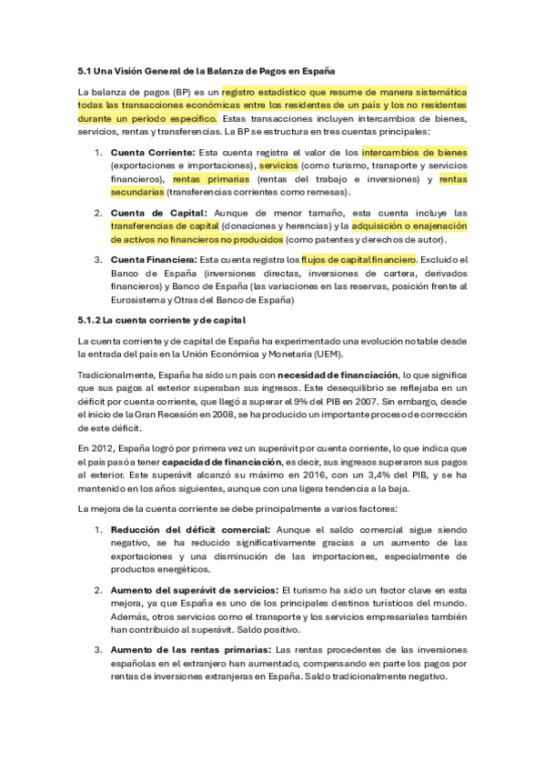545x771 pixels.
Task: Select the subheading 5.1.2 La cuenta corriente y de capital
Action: pos(162,320)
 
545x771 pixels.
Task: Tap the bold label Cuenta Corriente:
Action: pos(152,152)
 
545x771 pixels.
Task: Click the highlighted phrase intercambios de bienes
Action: pos(414,152)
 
